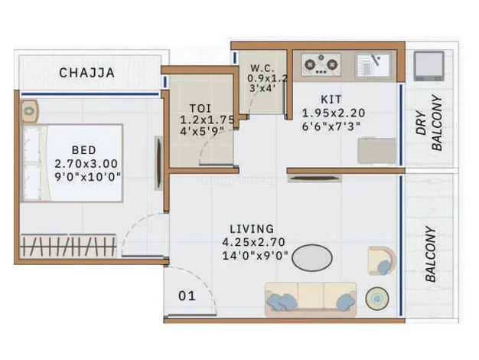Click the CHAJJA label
tap(86, 73)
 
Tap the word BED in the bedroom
tap(83, 150)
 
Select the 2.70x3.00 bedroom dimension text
tap(86, 164)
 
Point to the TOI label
tap(200, 108)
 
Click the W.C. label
tap(262, 68)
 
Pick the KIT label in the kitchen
tap(331, 100)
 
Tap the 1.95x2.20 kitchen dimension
tap(334, 113)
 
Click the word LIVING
tap(252, 229)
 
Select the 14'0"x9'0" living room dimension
tap(255, 255)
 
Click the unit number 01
tap(187, 296)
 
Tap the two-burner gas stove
tap(321, 64)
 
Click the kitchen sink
tap(373, 64)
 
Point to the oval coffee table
tap(312, 257)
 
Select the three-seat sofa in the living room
tap(311, 299)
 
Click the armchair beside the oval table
tap(382, 260)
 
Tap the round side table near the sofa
tap(377, 298)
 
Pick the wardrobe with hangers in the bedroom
tap(68, 246)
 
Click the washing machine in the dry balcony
tap(429, 66)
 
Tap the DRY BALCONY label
tap(429, 123)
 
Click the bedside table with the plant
tap(29, 111)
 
